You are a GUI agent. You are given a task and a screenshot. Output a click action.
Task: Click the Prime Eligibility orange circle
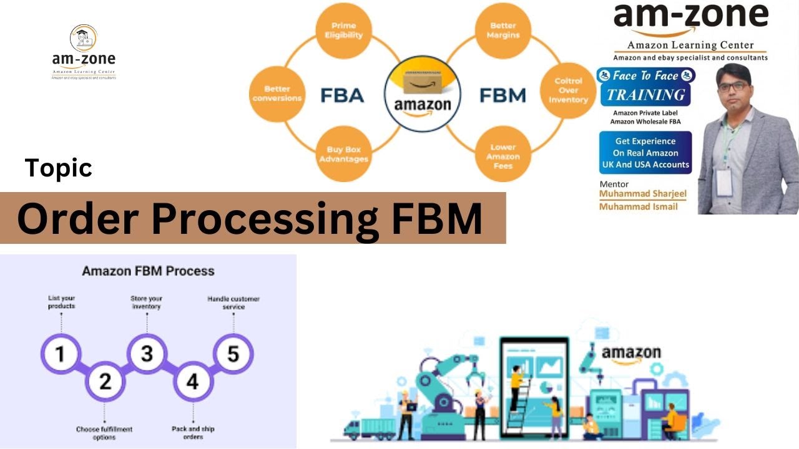click(x=344, y=31)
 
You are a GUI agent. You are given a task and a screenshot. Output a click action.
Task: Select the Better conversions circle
click(x=277, y=94)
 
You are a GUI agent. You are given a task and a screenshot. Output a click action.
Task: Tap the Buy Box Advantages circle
click(x=344, y=153)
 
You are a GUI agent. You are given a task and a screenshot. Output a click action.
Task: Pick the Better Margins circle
click(x=502, y=31)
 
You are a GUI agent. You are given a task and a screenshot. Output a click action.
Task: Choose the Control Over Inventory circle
click(x=567, y=90)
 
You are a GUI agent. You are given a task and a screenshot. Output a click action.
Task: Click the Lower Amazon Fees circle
click(x=502, y=157)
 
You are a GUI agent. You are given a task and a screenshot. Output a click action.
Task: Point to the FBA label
click(x=341, y=95)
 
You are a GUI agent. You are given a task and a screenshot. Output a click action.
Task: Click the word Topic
click(x=59, y=168)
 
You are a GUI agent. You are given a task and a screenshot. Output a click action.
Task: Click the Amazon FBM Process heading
click(x=148, y=271)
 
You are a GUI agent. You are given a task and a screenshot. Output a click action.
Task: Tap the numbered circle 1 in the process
click(x=61, y=354)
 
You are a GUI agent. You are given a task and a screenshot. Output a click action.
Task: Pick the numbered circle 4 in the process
click(x=192, y=380)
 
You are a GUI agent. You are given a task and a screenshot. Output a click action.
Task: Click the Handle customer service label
click(x=233, y=303)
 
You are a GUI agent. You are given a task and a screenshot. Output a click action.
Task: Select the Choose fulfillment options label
click(x=104, y=433)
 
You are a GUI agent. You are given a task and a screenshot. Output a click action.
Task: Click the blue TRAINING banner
click(x=645, y=95)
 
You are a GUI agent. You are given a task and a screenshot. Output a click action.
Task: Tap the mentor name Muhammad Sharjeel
click(x=642, y=194)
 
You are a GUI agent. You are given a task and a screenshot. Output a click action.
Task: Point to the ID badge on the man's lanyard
click(x=723, y=181)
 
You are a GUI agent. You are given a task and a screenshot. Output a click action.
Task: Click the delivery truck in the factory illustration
click(x=371, y=428)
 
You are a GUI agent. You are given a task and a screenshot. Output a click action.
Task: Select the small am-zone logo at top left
click(x=84, y=52)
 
